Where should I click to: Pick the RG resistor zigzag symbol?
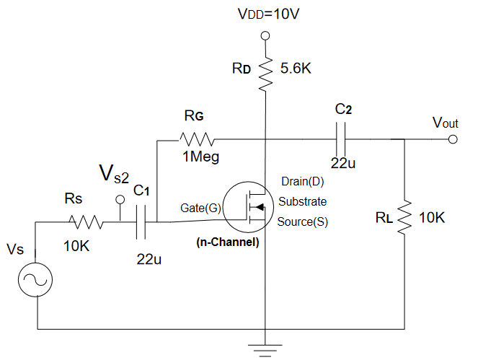(x=197, y=138)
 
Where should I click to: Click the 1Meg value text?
(x=199, y=156)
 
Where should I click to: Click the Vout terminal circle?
(x=452, y=139)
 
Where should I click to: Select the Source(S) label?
(x=303, y=221)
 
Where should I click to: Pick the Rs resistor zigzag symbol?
(x=86, y=223)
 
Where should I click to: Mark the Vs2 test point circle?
(x=120, y=200)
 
